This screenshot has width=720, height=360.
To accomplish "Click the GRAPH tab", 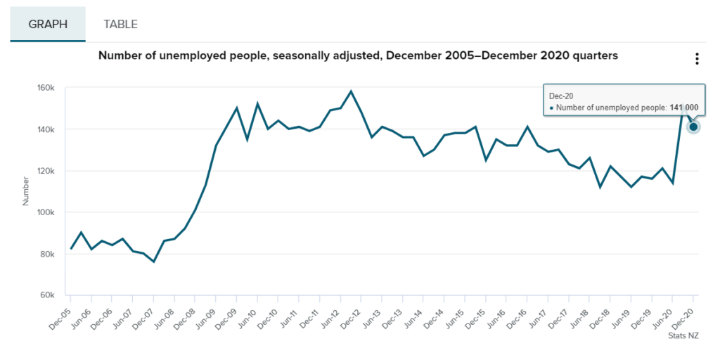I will [48, 24].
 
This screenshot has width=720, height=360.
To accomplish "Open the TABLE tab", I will [120, 24].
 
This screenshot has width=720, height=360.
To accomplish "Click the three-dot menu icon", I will [697, 59].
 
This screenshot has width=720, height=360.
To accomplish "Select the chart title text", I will [358, 55].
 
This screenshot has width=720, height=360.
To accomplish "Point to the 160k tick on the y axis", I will [46, 88].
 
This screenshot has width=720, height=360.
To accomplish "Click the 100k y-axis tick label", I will [46, 212].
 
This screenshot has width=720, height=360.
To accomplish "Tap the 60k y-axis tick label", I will [48, 295].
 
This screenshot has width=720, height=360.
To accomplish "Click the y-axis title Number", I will [26, 191].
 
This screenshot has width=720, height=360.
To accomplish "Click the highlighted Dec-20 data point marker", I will [693, 127].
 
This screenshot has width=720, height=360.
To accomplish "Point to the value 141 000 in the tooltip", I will [684, 108].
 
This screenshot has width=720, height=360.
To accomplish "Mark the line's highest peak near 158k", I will [351, 91].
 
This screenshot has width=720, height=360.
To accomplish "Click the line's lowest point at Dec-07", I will [153, 262].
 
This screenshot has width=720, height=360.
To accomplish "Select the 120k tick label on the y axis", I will [46, 171].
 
